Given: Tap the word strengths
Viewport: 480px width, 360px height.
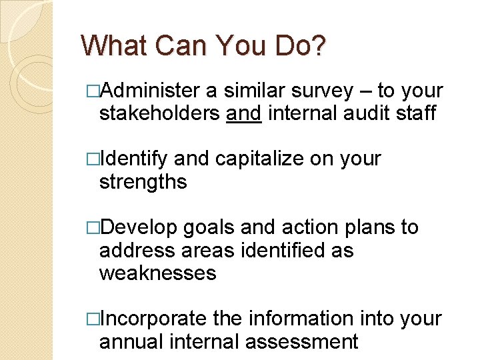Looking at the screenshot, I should [143, 182].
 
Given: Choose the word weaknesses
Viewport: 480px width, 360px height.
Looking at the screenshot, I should [157, 273].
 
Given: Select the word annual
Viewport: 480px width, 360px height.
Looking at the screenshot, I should [131, 341].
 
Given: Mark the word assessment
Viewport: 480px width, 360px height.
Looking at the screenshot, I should [302, 341].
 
